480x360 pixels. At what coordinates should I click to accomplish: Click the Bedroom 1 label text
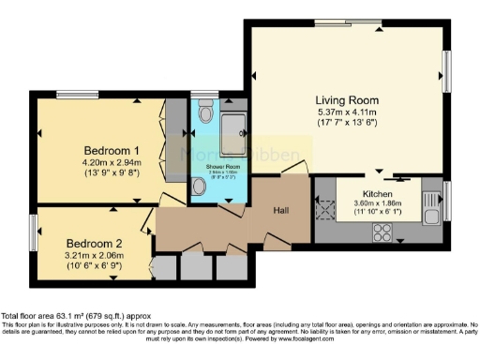click(x=112, y=150)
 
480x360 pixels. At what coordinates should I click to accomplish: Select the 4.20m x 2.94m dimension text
click(x=112, y=162)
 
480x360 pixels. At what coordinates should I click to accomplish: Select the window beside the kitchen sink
click(x=446, y=201)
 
